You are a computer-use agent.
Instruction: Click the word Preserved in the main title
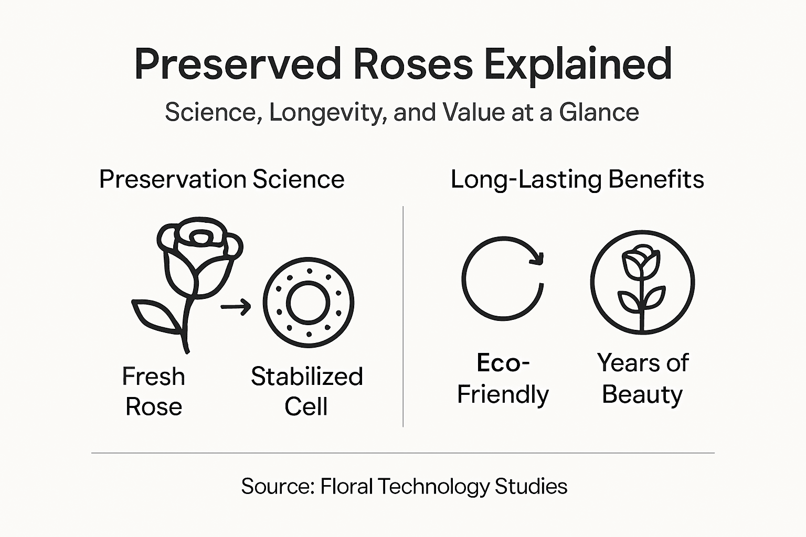pyautogui.click(x=238, y=63)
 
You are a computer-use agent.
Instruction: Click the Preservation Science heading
pyautogui.click(x=221, y=179)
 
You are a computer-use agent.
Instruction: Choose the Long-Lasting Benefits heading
pyautogui.click(x=578, y=180)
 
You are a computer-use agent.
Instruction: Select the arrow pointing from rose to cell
pyautogui.click(x=236, y=307)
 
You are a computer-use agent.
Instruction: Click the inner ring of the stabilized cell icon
pyautogui.click(x=308, y=303)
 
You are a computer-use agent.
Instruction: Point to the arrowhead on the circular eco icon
pyautogui.click(x=537, y=257)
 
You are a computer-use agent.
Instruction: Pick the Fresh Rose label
pyautogui.click(x=154, y=391)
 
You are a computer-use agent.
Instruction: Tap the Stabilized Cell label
pyautogui.click(x=307, y=391)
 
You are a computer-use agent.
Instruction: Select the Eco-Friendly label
pyautogui.click(x=503, y=379)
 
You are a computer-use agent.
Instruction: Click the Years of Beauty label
pyautogui.click(x=643, y=379)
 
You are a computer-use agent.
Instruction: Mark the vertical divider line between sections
pyautogui.click(x=403, y=317)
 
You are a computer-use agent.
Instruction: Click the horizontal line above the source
pyautogui.click(x=403, y=453)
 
